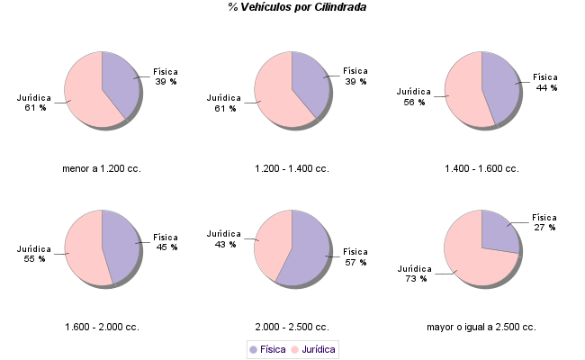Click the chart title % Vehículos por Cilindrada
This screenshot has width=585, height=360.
pyautogui.click(x=297, y=7)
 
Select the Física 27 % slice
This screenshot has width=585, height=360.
pyautogui.click(x=498, y=229)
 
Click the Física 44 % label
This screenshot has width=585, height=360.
pyautogui.click(x=545, y=82)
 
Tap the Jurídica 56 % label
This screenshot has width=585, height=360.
pyautogui.click(x=414, y=96)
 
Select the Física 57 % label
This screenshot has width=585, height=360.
pyautogui.click(x=355, y=256)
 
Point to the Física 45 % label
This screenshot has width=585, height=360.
pyautogui.click(x=166, y=241)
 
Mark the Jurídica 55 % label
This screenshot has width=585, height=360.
pyautogui.click(x=34, y=253)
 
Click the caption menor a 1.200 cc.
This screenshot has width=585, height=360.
pyautogui.click(x=102, y=168)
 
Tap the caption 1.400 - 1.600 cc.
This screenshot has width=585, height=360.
pyautogui.click(x=481, y=168)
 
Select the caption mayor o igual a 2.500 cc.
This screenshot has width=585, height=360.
pyautogui.click(x=481, y=327)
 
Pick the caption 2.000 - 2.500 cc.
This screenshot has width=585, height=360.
pyautogui.click(x=292, y=327)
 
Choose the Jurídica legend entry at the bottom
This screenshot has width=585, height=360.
pyautogui.click(x=314, y=348)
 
